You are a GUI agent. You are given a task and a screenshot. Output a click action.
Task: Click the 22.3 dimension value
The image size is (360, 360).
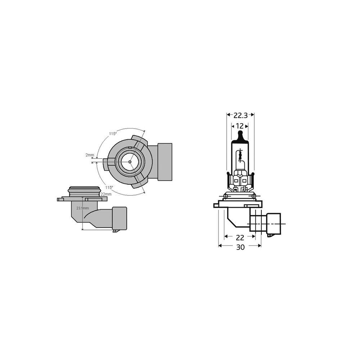pyautogui.click(x=240, y=116)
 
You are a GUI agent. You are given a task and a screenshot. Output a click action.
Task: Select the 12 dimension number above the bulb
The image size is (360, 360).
pyautogui.click(x=239, y=126)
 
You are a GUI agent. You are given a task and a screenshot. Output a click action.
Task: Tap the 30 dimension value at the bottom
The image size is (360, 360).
pyautogui.click(x=240, y=247)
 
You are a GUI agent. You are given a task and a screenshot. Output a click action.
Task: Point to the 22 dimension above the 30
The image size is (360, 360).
pyautogui.click(x=240, y=238)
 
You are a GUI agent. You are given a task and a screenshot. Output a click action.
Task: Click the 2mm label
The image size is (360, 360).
pyautogui.click(x=90, y=155)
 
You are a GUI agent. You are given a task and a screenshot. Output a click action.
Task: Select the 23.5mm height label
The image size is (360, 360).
pyautogui.click(x=83, y=208)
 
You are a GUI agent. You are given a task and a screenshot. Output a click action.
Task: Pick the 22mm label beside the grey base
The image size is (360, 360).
pyautogui.click(x=106, y=194)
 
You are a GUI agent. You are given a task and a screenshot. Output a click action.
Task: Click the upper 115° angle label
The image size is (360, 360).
pyautogui.click(x=113, y=134)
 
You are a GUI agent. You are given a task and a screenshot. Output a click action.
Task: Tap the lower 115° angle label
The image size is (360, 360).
pyautogui.click(x=109, y=187)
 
